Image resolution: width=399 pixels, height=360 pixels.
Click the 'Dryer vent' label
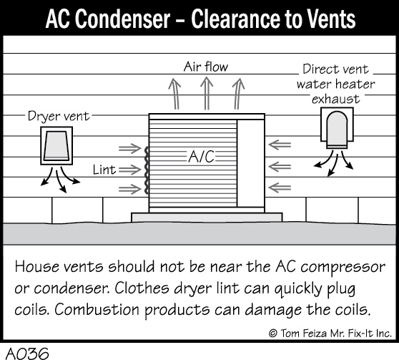point(59,116)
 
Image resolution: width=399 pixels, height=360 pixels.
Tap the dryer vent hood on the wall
point(56,146)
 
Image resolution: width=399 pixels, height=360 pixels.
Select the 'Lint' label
point(104,170)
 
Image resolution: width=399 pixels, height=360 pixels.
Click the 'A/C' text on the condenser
point(201,156)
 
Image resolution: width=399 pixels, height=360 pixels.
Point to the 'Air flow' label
point(206,67)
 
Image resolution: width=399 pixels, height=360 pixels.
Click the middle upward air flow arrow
point(207,94)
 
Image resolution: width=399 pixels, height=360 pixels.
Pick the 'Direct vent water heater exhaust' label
point(335,84)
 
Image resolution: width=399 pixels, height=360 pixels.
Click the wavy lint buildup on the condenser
point(147,170)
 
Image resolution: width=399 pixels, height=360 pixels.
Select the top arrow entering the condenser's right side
point(280,145)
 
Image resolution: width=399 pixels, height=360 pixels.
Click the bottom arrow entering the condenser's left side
point(130,189)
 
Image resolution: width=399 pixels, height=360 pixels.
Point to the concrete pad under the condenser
point(207,218)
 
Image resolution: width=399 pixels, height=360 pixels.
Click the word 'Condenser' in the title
point(122,19)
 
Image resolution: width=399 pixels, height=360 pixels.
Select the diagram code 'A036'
point(27,354)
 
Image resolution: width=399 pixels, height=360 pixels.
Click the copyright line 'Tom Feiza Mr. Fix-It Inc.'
point(336,334)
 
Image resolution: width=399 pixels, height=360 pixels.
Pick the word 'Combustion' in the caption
point(97,310)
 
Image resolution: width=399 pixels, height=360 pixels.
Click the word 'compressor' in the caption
point(343,268)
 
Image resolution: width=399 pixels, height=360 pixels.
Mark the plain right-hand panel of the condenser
point(251,163)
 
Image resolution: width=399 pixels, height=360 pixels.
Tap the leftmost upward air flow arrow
point(174,94)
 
